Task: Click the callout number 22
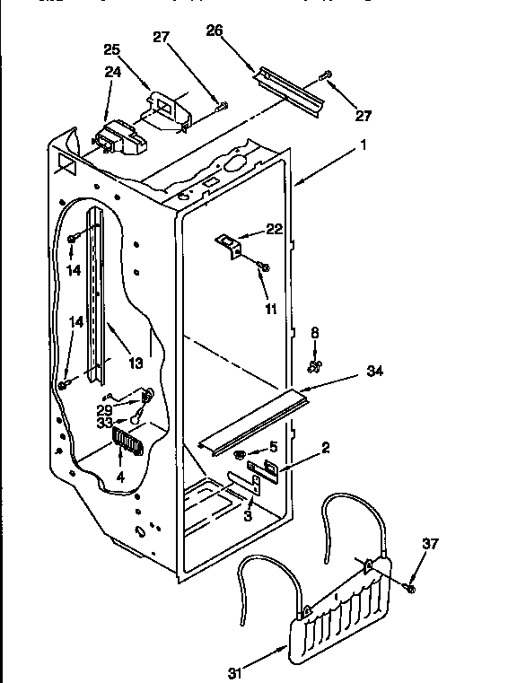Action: click(x=274, y=230)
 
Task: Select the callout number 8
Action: click(x=314, y=332)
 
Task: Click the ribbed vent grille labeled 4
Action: click(x=127, y=441)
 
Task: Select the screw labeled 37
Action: click(x=409, y=587)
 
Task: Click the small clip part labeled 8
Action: click(x=314, y=364)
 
